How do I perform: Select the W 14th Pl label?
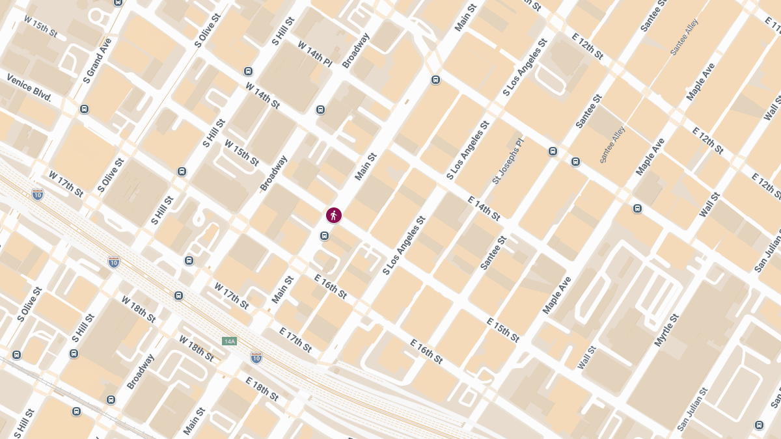tap(315, 54)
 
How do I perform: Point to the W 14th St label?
tap(263, 95)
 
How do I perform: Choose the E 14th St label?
tap(484, 207)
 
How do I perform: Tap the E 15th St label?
tap(503, 330)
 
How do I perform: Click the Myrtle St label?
tap(667, 330)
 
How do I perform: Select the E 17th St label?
tap(295, 340)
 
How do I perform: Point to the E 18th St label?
tap(262, 388)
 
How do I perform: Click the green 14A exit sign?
tap(228, 341)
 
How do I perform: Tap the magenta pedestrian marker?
tap(334, 215)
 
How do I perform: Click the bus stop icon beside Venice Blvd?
tap(84, 109)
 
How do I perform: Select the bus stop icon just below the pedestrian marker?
tap(324, 235)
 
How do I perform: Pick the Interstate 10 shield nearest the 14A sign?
tap(256, 357)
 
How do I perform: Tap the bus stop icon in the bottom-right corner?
tap(759, 425)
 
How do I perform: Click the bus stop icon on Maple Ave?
tap(637, 209)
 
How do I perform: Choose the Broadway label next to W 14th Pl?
tap(355, 51)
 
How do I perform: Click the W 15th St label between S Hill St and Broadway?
tap(241, 152)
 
